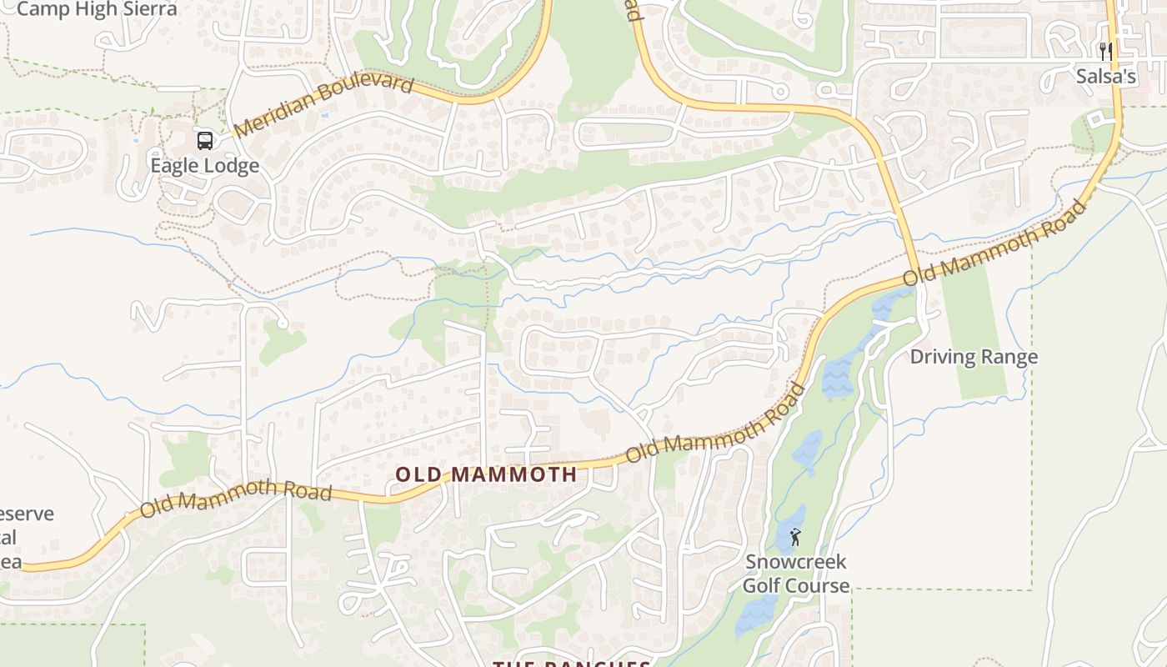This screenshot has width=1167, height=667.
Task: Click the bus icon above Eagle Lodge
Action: [x=205, y=140]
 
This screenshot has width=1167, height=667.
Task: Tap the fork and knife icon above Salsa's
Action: [x=1106, y=52]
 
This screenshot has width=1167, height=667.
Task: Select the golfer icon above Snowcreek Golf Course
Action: [x=794, y=537]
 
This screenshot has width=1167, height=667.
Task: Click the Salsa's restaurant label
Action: [x=1105, y=77]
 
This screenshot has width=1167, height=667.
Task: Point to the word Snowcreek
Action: [x=795, y=562]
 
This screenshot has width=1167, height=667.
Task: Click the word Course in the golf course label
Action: [x=819, y=585]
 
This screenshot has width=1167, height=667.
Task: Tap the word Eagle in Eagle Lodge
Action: [x=174, y=166]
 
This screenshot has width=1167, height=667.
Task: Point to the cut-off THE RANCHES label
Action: [x=571, y=664]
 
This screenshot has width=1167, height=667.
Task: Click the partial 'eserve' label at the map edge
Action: [x=27, y=514]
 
